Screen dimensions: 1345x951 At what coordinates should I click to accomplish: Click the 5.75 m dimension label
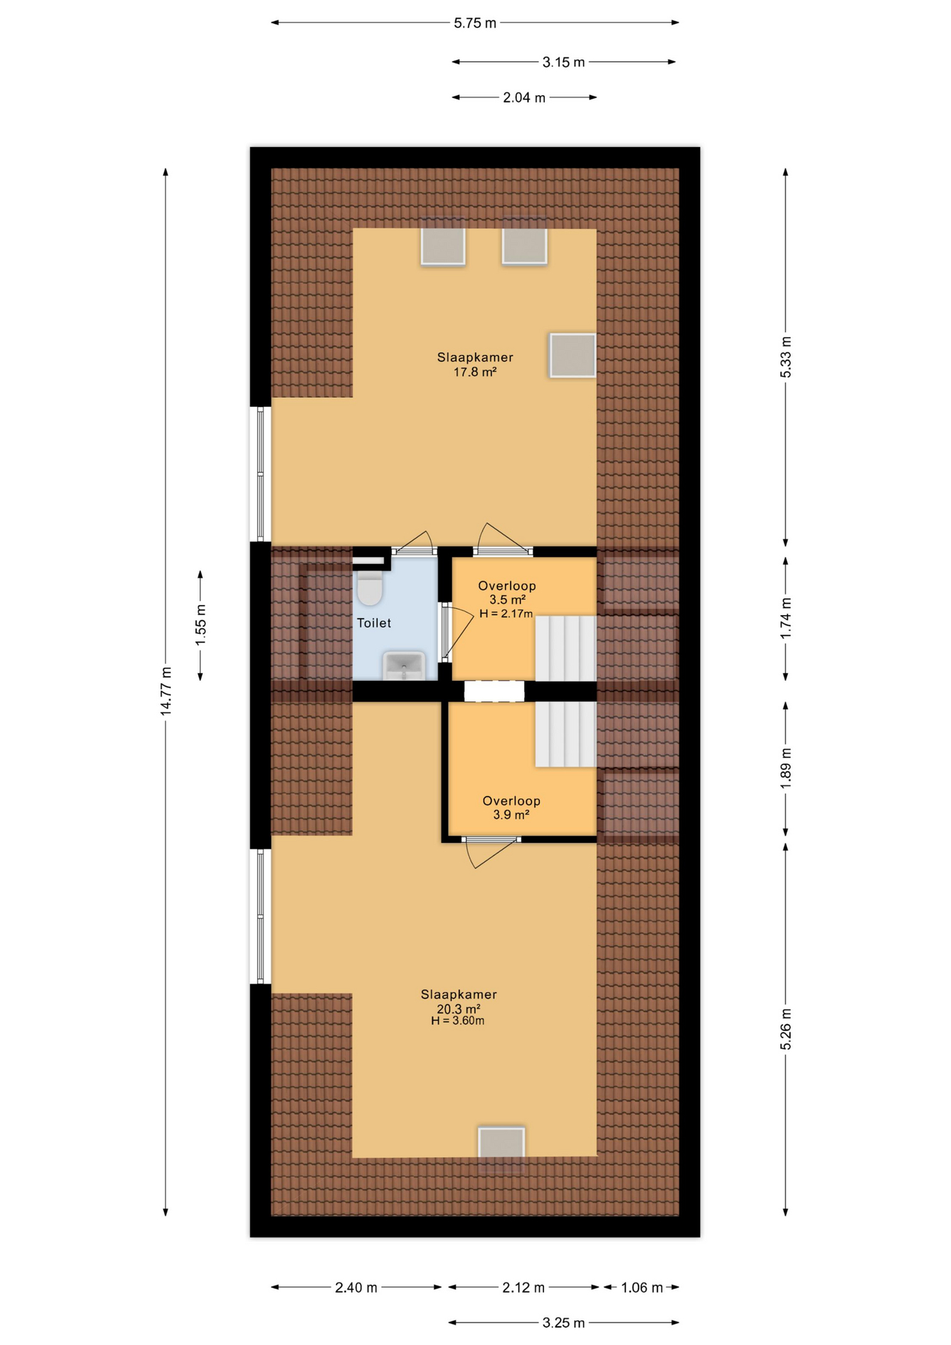coord(475,23)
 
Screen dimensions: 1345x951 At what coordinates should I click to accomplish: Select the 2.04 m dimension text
coord(524,98)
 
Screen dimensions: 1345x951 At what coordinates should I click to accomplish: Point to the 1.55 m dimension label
coord(201,624)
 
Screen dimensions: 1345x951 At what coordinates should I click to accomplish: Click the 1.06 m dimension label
coord(641,1288)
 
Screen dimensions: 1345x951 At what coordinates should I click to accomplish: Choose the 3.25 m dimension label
coord(563,1323)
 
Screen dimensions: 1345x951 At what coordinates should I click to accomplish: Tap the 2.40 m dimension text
coord(356,1288)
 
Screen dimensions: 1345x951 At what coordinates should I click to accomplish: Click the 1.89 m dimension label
coord(786,768)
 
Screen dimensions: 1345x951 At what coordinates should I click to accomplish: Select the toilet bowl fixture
coord(369,587)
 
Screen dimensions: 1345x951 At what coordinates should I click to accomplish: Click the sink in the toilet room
coord(404,665)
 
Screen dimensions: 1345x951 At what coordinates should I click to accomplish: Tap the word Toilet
coord(374,623)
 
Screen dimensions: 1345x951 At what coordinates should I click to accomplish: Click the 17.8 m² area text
coord(475,372)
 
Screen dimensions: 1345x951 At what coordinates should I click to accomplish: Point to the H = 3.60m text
coord(457,1021)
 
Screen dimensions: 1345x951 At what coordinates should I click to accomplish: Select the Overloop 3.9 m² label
coord(511,807)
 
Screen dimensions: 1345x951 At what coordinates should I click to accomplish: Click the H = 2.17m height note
coord(506,614)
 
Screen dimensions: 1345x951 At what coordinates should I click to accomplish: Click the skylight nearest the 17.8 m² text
coord(572,355)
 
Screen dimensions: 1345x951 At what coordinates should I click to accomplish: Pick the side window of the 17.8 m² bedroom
coord(261,474)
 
